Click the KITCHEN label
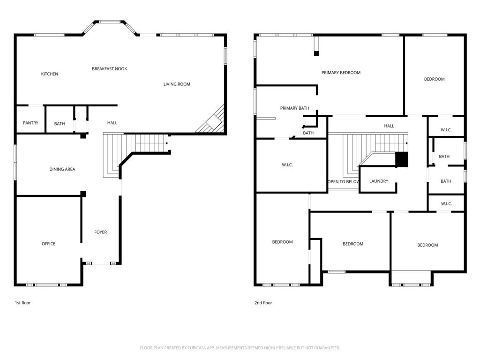click(50, 74)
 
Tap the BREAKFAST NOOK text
click(109, 69)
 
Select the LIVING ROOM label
click(177, 84)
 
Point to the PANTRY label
click(30, 123)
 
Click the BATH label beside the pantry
click(60, 124)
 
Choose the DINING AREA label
click(62, 169)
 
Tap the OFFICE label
click(48, 244)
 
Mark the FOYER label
click(100, 232)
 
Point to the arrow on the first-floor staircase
click(167, 142)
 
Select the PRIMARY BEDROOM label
click(341, 73)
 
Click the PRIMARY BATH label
click(294, 108)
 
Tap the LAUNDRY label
click(378, 181)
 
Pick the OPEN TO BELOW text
click(344, 182)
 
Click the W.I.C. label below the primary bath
click(287, 165)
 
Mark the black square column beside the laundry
click(402, 159)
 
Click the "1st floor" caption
click(22, 303)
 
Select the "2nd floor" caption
click(263, 303)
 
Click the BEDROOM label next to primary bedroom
click(434, 79)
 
